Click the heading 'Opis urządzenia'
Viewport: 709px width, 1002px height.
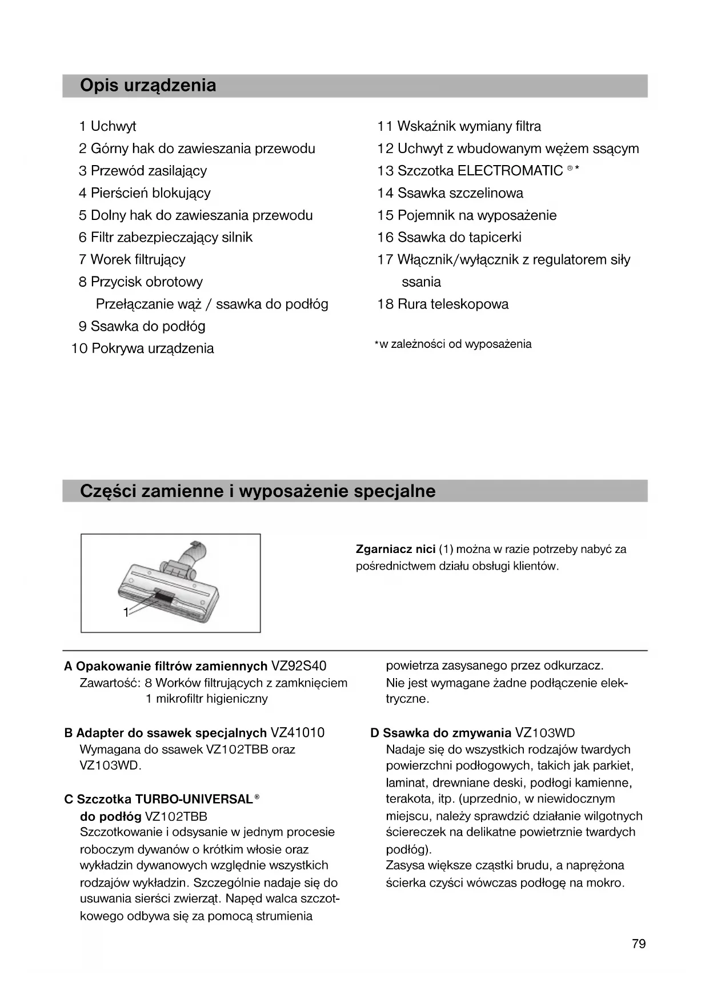coord(148,86)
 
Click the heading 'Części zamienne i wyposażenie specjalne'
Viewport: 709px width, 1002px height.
coord(258,491)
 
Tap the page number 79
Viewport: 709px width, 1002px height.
coord(639,944)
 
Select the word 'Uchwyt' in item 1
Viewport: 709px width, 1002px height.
coord(113,126)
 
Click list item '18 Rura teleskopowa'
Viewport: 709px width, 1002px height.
coord(443,304)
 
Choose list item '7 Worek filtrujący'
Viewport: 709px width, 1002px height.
coord(132,259)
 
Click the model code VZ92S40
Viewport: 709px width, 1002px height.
coord(299,666)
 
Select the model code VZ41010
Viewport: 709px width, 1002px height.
coord(297,733)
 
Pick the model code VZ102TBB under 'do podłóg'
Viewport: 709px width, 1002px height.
coord(176,816)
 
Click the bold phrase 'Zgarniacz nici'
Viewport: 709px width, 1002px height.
coord(395,550)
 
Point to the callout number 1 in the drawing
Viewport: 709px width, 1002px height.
coord(126,612)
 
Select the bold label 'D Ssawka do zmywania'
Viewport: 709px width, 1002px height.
coord(440,733)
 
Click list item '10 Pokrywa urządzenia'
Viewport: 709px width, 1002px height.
coord(143,348)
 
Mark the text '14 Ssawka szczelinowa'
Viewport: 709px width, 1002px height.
coord(450,193)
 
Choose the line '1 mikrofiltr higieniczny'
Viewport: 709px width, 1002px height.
coord(207,699)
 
